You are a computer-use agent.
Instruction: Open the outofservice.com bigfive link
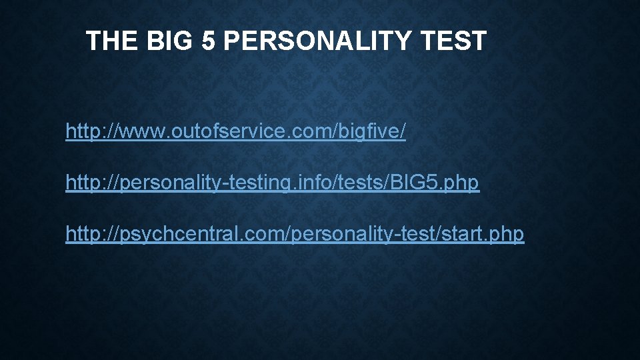pyautogui.click(x=235, y=131)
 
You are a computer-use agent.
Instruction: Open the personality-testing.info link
pyautogui.click(x=272, y=183)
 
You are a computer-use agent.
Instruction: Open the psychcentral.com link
pyautogui.click(x=295, y=234)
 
